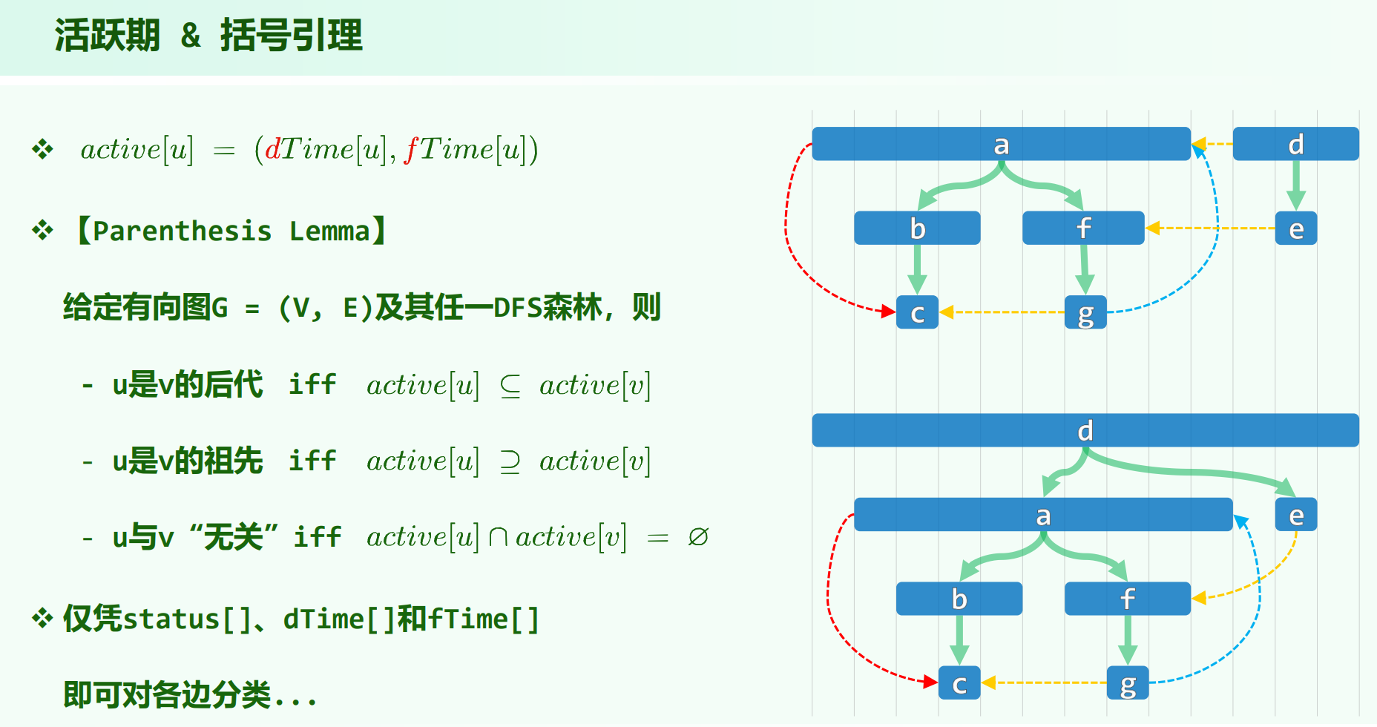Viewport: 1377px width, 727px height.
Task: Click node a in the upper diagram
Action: pyautogui.click(x=1001, y=144)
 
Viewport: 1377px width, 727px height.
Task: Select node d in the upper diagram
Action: pyautogui.click(x=1295, y=144)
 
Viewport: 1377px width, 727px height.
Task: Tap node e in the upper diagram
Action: pyautogui.click(x=1295, y=228)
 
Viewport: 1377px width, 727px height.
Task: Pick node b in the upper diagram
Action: pyautogui.click(x=917, y=228)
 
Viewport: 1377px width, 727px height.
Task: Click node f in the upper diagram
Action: pyautogui.click(x=1083, y=228)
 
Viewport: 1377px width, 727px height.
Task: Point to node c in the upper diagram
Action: pyautogui.click(x=917, y=312)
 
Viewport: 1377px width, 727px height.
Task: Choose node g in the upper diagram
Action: pyautogui.click(x=1085, y=312)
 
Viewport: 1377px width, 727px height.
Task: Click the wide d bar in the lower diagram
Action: pyautogui.click(x=1085, y=430)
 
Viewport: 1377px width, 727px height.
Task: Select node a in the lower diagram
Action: pyautogui.click(x=1042, y=515)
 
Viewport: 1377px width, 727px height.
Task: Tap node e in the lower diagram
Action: pyautogui.click(x=1295, y=515)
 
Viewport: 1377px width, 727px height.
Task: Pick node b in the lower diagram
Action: pyautogui.click(x=959, y=599)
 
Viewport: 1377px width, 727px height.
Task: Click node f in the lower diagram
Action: pyautogui.click(x=1127, y=599)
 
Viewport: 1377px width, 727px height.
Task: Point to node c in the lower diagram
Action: pyautogui.click(x=959, y=683)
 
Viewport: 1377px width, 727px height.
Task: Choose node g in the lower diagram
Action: pyautogui.click(x=1127, y=683)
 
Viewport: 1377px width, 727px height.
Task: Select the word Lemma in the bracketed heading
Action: pyautogui.click(x=329, y=231)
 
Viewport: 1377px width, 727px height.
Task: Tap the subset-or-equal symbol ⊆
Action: pyautogui.click(x=510, y=386)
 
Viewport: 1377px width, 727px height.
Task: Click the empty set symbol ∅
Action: pyautogui.click(x=697, y=536)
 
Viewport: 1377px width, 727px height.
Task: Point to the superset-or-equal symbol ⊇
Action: pyautogui.click(x=510, y=461)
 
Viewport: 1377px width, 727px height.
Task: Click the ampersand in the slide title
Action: pyautogui.click(x=191, y=36)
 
